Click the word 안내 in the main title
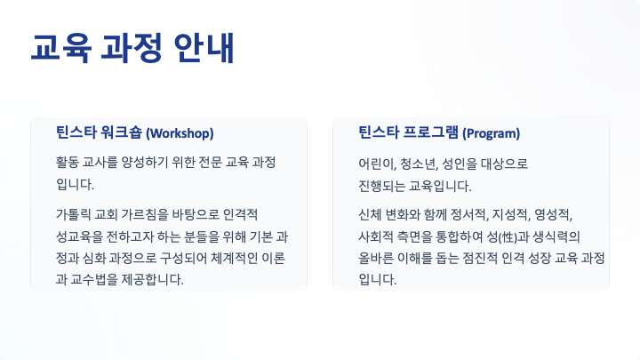pos(204,48)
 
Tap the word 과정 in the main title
pos(132,48)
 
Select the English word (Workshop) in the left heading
pos(180,133)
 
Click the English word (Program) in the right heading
pos(491,133)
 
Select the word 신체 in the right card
pos(370,214)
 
